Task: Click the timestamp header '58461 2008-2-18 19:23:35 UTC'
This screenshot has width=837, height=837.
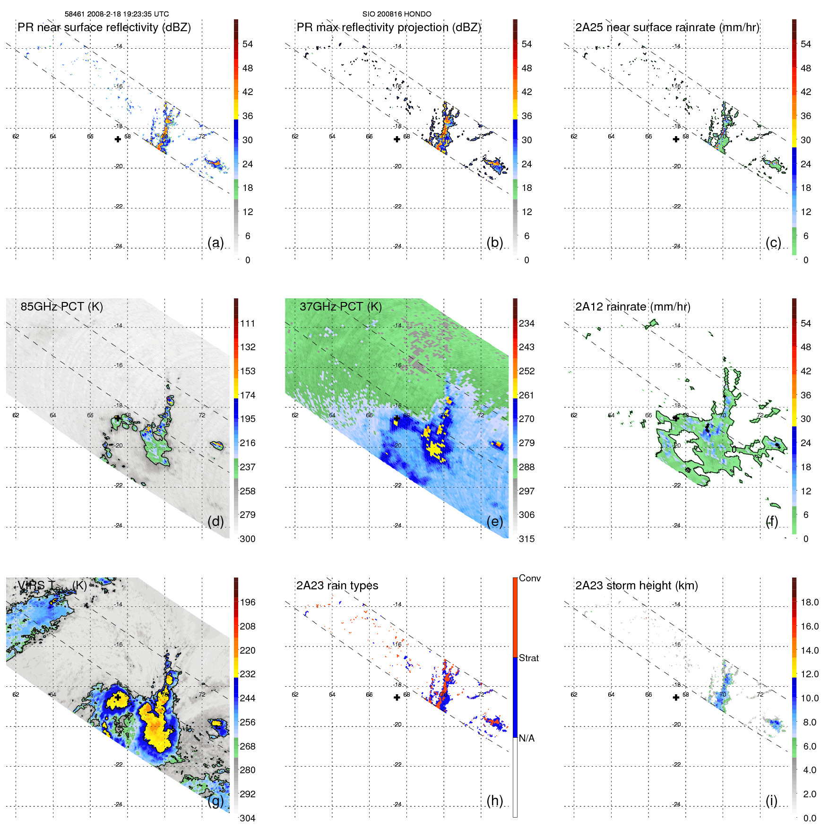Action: coord(116,14)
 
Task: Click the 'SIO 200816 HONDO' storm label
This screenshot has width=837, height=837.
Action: coord(397,14)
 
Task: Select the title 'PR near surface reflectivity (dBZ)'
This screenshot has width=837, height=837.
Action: coord(104,27)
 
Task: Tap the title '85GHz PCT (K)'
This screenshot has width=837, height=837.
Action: coord(61,307)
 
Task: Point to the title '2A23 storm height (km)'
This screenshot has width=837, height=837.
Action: coord(636,586)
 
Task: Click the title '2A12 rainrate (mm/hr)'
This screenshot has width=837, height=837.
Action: coord(632,307)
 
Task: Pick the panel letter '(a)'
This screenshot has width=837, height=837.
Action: coord(216,243)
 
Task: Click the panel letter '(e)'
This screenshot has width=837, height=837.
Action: coord(494,522)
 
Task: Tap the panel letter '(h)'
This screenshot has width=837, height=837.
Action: coord(494,801)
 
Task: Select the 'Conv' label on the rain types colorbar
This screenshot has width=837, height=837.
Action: coord(529,578)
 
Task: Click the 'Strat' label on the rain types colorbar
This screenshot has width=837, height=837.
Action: coord(528,658)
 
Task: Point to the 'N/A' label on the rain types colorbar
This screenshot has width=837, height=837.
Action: coord(526,738)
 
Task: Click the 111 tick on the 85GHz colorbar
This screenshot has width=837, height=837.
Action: coord(248,324)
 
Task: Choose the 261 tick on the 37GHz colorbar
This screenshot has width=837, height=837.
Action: coord(526,396)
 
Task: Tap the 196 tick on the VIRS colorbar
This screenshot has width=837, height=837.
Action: coord(248,603)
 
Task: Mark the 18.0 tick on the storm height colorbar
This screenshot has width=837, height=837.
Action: coord(810,603)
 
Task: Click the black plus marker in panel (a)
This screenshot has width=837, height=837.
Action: coord(118,139)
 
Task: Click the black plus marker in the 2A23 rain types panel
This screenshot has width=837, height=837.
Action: coord(397,697)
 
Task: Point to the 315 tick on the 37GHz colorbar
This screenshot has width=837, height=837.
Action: coord(526,539)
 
